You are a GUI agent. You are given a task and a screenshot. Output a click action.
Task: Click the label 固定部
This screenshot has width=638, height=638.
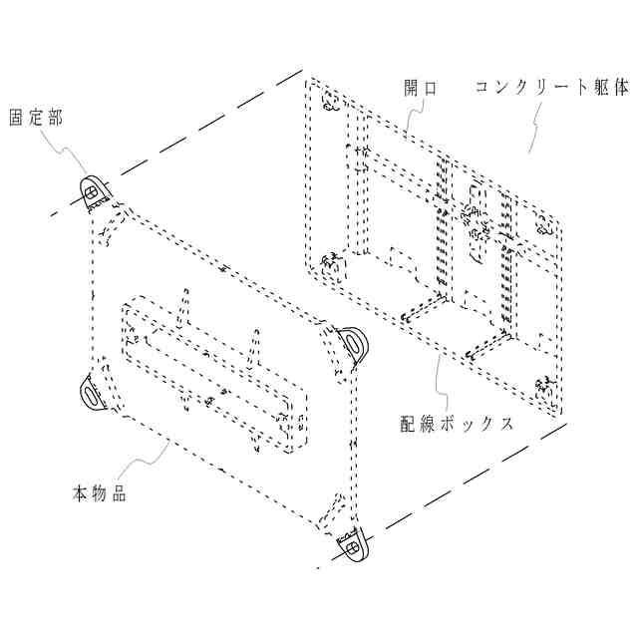[36, 118]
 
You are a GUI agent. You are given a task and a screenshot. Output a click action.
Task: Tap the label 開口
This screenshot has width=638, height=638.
[420, 87]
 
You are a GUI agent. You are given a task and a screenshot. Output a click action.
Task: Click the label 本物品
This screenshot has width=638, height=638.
[99, 492]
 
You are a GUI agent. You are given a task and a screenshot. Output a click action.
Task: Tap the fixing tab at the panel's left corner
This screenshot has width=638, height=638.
[92, 393]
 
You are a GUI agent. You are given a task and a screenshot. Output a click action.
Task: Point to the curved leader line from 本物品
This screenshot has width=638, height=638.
[140, 464]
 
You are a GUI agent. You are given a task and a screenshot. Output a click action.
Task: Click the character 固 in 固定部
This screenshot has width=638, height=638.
[17, 118]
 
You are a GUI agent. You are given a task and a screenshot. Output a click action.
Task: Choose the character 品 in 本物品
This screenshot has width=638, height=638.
[119, 492]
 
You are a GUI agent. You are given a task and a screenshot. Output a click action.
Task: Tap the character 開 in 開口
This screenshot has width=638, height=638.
[412, 87]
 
